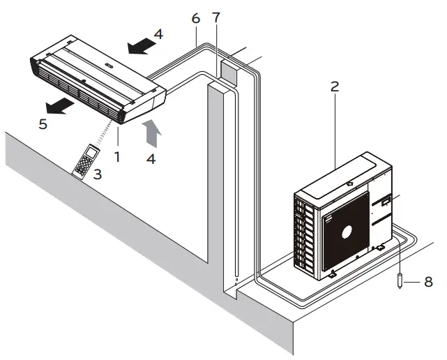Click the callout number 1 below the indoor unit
117,157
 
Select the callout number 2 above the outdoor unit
335,87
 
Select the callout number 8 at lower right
429,282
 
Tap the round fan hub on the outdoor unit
347,231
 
